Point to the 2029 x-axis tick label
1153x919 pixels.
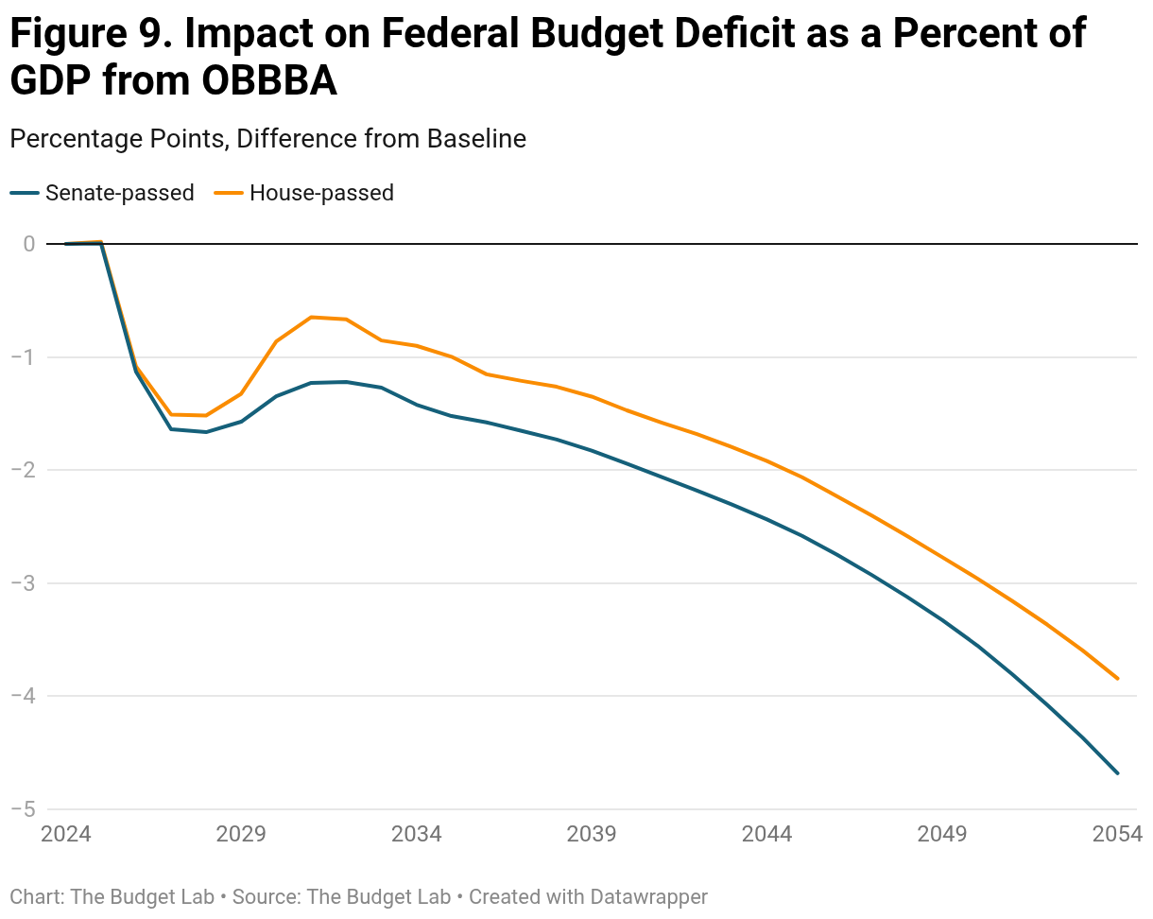click(240, 835)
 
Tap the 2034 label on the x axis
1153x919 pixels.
click(416, 835)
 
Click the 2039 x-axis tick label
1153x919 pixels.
click(592, 835)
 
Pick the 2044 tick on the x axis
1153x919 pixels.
click(766, 835)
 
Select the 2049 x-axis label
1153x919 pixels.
click(942, 835)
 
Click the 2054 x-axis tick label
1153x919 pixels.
click(1118, 835)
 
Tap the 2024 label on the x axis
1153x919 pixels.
click(65, 835)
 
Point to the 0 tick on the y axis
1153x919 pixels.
click(29, 244)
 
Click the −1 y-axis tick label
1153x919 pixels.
click(24, 357)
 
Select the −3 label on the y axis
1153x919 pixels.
click(24, 583)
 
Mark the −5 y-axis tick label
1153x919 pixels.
click(24, 809)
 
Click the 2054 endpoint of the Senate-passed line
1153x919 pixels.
click(1118, 773)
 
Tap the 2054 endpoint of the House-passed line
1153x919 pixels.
click(1118, 679)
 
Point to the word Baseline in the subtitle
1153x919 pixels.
click(476, 139)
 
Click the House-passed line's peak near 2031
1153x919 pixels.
click(312, 317)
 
